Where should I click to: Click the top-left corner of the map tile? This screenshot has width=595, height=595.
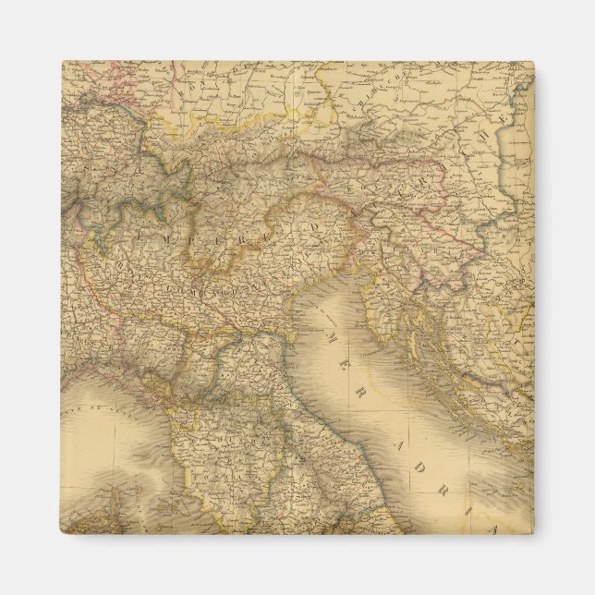(62, 62)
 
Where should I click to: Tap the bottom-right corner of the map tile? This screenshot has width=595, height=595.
(534, 534)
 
